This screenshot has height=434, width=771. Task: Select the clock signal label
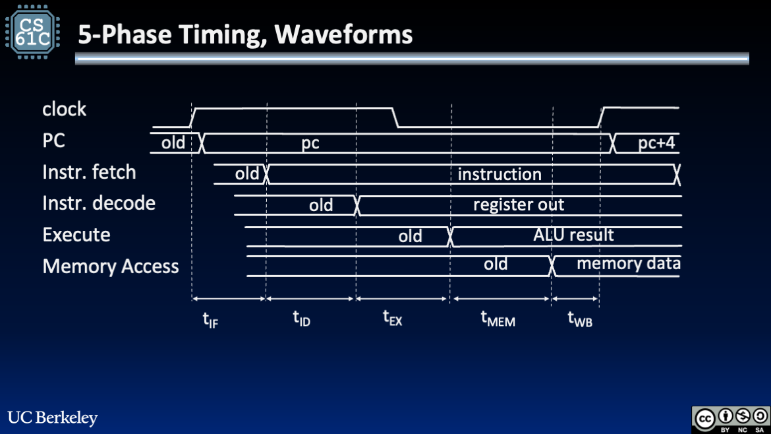[x=64, y=109]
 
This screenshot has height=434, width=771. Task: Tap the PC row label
[x=54, y=141]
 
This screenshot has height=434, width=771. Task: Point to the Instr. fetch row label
[x=89, y=172]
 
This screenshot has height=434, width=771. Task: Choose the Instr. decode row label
[x=99, y=203]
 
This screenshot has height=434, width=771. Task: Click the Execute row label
[x=76, y=235]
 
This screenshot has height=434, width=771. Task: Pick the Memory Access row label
[x=111, y=266]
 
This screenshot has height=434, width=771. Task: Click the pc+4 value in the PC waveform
[x=656, y=143]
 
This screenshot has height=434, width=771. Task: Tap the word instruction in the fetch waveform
[x=500, y=174]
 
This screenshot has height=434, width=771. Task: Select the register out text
[x=519, y=205]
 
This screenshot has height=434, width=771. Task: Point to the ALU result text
[x=573, y=235]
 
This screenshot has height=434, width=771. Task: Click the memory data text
[x=628, y=264]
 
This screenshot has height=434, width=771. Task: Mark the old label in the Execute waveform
[x=410, y=236]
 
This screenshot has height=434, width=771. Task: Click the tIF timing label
[x=210, y=321]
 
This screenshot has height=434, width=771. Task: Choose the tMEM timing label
[x=498, y=320]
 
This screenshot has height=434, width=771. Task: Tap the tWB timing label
[x=580, y=320]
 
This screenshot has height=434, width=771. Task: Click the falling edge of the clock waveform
[x=397, y=117]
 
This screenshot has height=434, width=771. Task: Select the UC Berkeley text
[x=53, y=418]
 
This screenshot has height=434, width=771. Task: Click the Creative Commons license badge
[x=730, y=419]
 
